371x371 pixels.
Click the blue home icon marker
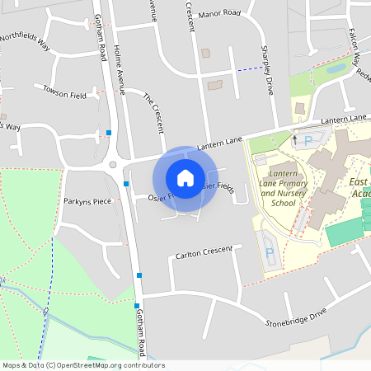[185, 177]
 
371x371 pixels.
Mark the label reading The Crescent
[154, 110]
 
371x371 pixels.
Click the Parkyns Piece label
[87, 200]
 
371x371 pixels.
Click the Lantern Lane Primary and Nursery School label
[277, 186]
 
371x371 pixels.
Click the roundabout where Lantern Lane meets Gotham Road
[113, 165]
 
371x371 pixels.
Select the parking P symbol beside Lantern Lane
[308, 141]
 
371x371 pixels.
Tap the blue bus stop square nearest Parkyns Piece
[126, 183]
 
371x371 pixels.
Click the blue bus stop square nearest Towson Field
[109, 132]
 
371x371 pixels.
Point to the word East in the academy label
[359, 181]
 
